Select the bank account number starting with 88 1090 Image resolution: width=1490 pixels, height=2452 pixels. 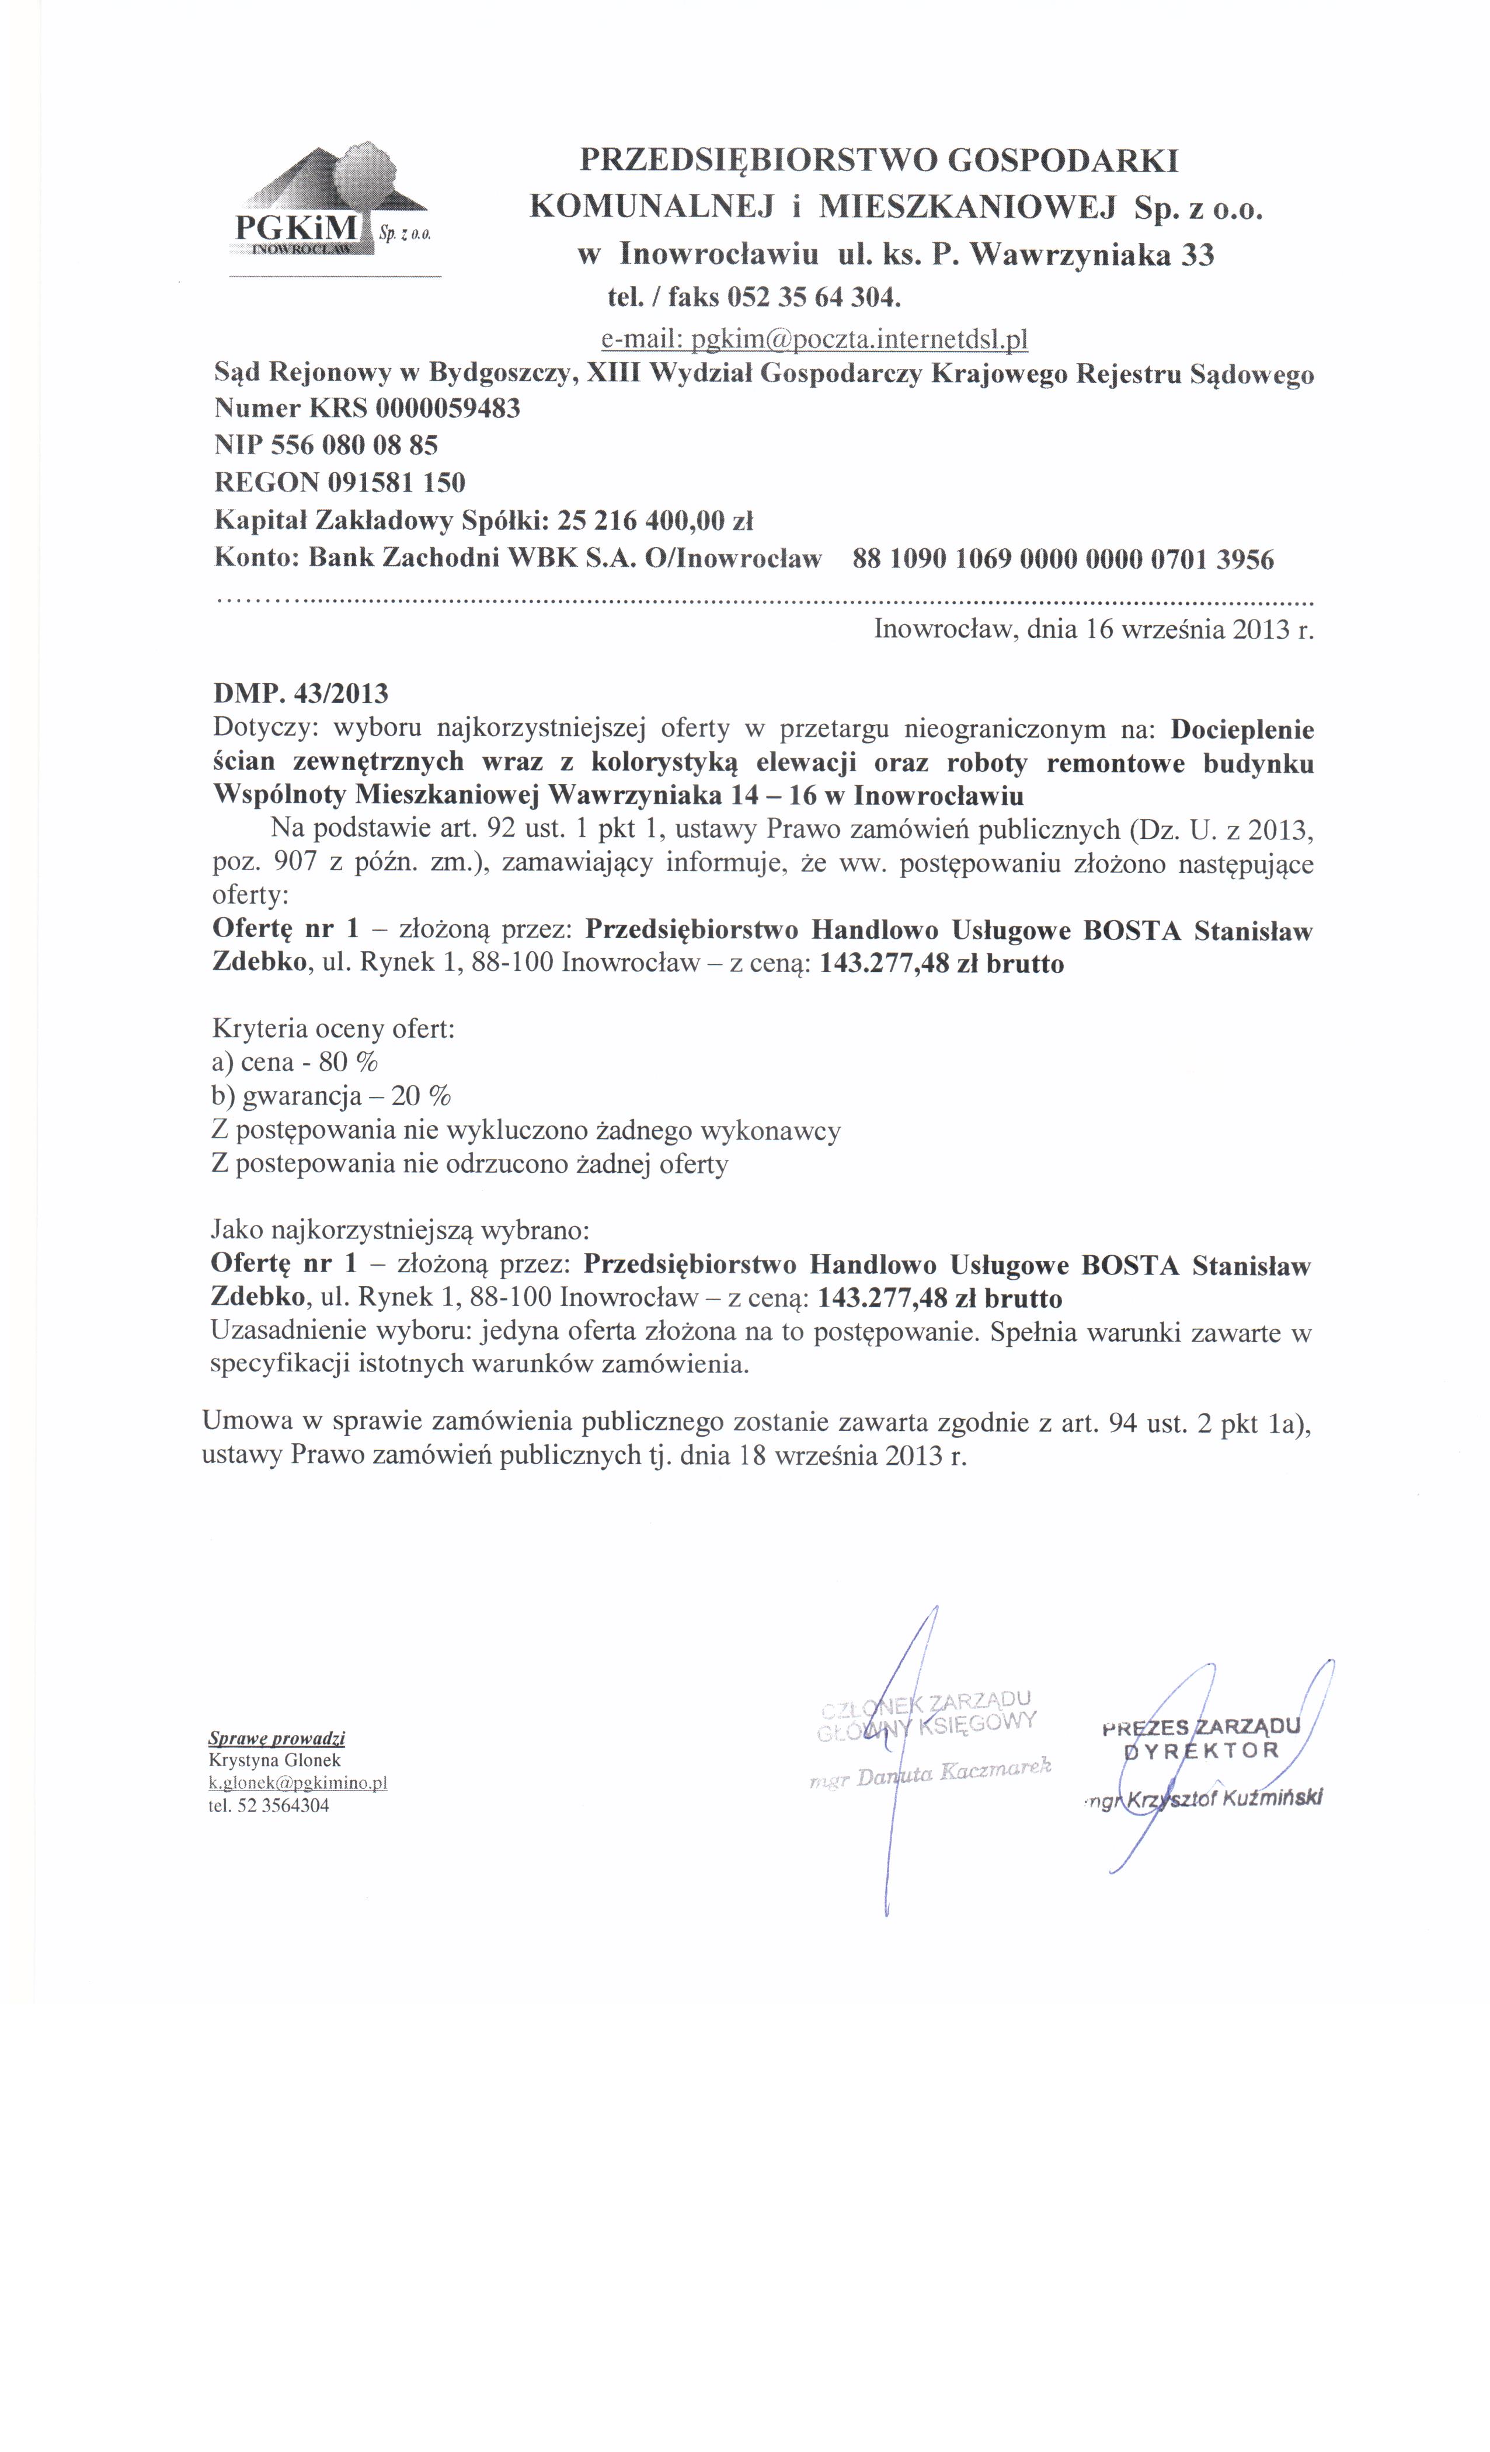(x=1063, y=559)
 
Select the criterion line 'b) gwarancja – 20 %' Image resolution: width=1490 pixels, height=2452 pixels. (x=332, y=1096)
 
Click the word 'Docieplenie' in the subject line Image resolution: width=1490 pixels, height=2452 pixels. (x=1241, y=729)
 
